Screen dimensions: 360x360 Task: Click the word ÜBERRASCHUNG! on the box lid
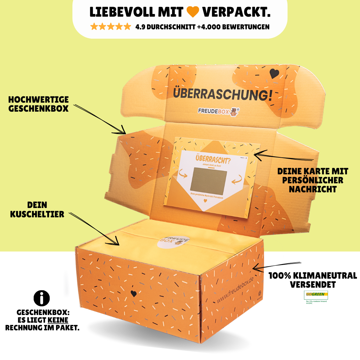(x=222, y=94)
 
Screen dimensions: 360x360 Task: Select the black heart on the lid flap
(x=274, y=74)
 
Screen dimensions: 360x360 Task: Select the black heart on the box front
(x=133, y=293)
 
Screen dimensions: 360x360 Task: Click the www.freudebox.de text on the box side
(x=235, y=290)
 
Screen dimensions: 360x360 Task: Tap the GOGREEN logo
(x=316, y=295)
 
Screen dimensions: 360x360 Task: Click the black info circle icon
(x=42, y=298)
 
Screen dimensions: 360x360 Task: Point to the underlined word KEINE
(x=58, y=320)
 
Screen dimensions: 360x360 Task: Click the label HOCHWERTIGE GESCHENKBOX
(x=38, y=104)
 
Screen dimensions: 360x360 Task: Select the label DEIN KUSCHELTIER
(x=37, y=209)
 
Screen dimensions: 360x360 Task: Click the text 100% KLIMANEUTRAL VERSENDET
(x=313, y=280)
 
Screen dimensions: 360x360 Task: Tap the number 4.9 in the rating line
(x=141, y=27)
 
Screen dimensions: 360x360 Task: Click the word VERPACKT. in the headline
(x=236, y=12)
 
